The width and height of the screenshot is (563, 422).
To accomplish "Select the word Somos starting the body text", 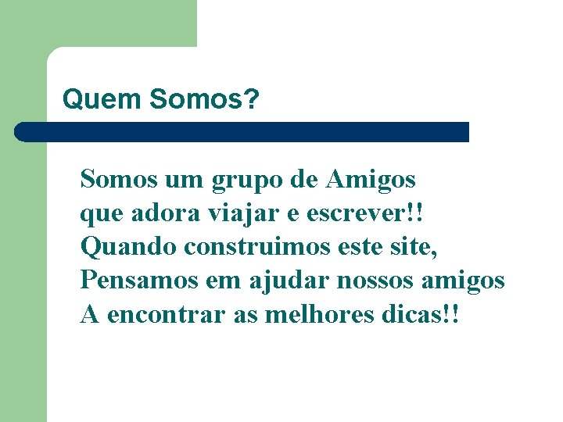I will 119,180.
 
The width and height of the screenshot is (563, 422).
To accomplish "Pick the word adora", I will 156,213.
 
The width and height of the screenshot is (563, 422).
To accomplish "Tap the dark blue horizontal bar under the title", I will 242,131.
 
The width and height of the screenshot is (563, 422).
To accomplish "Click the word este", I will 361,247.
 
